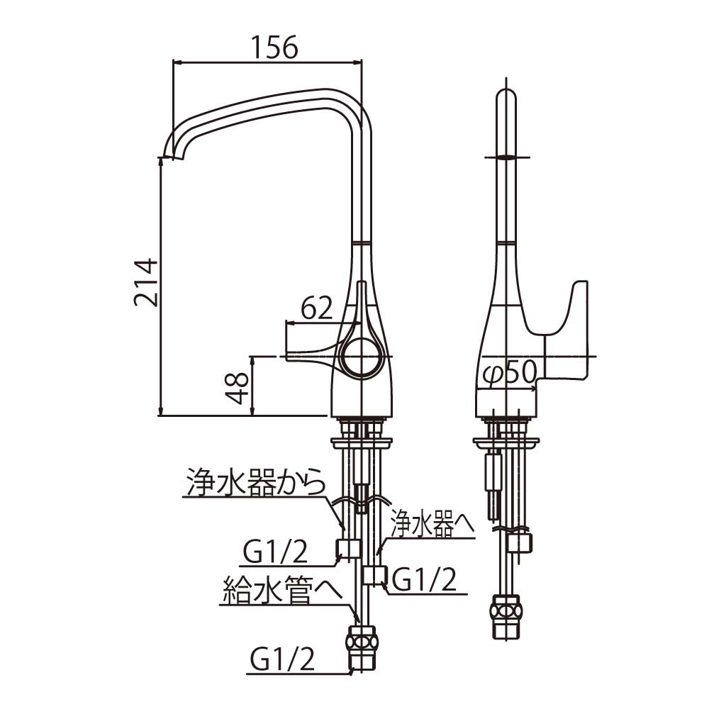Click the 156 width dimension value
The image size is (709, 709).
(274, 47)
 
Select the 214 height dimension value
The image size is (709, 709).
(146, 283)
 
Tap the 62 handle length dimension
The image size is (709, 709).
(316, 308)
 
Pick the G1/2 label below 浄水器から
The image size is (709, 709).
(275, 552)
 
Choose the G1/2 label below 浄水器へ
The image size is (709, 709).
(425, 580)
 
